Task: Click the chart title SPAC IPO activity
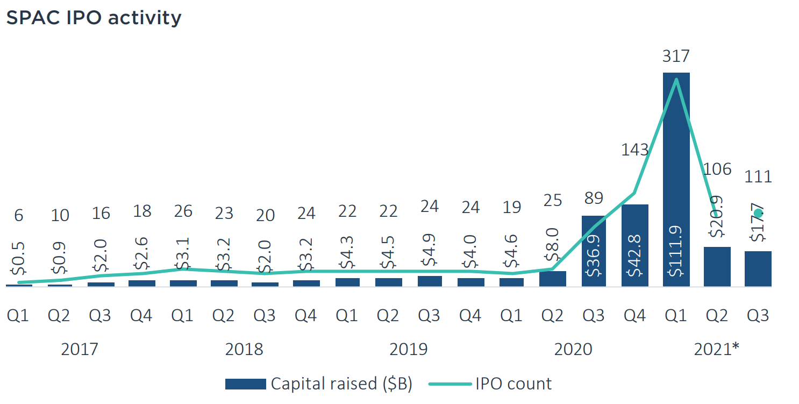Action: [x=94, y=18]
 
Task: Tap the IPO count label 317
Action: [x=676, y=56]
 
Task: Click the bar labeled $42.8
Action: [x=635, y=245]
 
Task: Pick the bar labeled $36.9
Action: [x=594, y=251]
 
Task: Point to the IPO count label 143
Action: [x=635, y=150]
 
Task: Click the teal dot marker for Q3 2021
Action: [x=758, y=213]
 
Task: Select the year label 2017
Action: [x=80, y=349]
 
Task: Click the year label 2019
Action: [x=409, y=349]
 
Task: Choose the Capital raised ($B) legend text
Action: [x=341, y=384]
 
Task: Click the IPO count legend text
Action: [x=513, y=384]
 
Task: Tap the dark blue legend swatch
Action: [x=246, y=384]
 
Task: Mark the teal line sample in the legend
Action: [x=450, y=384]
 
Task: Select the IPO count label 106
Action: [x=717, y=169]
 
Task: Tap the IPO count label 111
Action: [x=758, y=176]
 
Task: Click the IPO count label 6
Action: [x=19, y=215]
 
